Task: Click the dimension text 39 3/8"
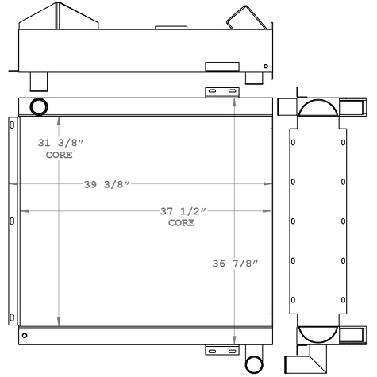pyautogui.click(x=106, y=185)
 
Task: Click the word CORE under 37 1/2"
pyautogui.click(x=181, y=223)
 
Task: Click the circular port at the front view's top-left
pyautogui.click(x=37, y=106)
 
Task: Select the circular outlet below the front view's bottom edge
pyautogui.click(x=254, y=364)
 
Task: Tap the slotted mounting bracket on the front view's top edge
pyautogui.click(x=221, y=92)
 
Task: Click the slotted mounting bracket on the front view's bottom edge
pyautogui.click(x=221, y=350)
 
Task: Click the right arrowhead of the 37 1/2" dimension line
pyautogui.click(x=264, y=211)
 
